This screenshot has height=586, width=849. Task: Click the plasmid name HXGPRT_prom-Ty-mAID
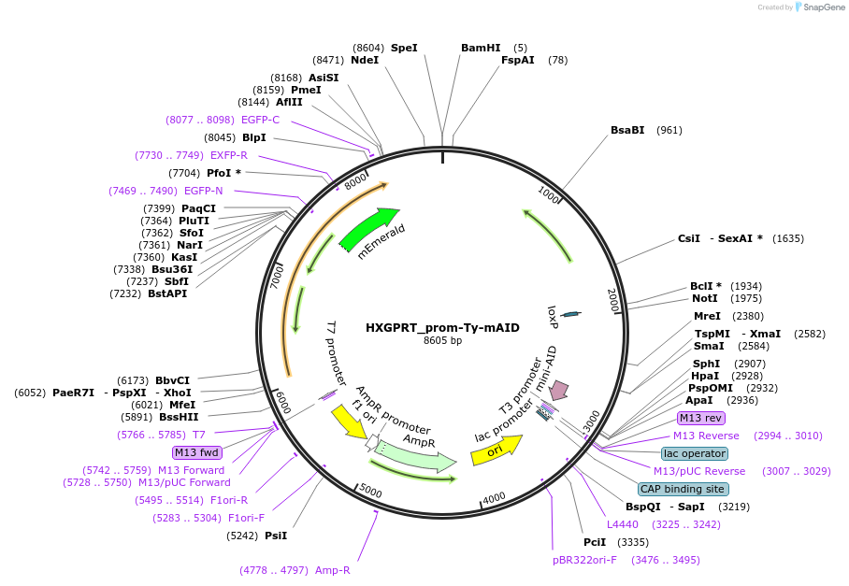[x=442, y=327]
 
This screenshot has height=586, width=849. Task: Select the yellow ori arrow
[x=496, y=450]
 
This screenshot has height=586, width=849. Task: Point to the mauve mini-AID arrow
[x=559, y=390]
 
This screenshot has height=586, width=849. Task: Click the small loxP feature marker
[x=570, y=314]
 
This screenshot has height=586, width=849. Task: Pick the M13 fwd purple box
[x=196, y=452]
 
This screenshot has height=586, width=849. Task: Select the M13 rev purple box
[x=700, y=418]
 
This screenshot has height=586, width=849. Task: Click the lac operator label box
[x=695, y=453]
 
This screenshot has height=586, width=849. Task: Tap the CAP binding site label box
[x=683, y=489]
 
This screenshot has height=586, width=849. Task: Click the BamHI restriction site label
[x=481, y=48]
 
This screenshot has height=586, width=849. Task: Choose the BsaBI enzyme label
[x=627, y=130]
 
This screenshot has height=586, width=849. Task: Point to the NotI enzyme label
[x=705, y=298]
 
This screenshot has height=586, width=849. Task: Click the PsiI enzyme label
[x=276, y=536]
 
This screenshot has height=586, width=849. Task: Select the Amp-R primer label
[x=333, y=570]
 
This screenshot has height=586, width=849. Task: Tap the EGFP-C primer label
[x=261, y=120]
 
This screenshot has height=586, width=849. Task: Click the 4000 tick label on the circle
[x=494, y=498]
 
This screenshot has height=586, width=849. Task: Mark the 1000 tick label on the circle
[x=548, y=194]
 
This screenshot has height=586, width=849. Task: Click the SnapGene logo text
[x=824, y=7]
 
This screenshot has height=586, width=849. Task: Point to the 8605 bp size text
[x=442, y=340]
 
